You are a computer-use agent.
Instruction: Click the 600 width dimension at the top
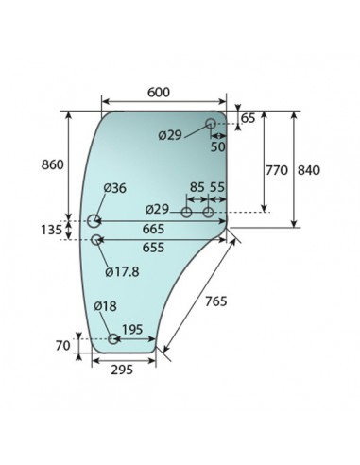pos(160,92)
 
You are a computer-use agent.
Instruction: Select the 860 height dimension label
pos(54,164)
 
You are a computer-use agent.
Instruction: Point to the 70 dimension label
pos(62,347)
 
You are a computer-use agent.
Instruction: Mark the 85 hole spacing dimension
pos(197,188)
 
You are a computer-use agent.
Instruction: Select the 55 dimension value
pos(217,188)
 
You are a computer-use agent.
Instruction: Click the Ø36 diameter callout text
pos(114,188)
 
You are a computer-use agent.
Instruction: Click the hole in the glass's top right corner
pos(212,123)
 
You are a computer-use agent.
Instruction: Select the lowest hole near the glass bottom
pos(113,338)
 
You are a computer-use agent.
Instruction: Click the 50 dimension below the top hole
pos(217,147)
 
